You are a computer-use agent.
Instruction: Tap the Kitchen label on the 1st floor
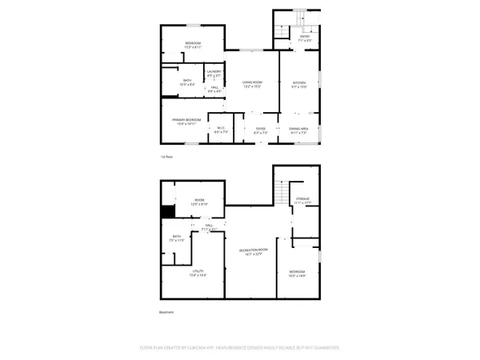(298, 84)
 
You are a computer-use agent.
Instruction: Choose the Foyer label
(260, 130)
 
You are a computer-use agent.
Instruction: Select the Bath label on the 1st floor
(186, 81)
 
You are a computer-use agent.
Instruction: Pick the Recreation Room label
(252, 253)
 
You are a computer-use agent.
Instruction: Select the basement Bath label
(177, 238)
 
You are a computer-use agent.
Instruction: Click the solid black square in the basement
(168, 212)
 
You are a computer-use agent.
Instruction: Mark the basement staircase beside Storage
(280, 193)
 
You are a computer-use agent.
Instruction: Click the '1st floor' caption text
(167, 157)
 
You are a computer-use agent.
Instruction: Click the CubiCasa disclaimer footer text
(240, 348)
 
